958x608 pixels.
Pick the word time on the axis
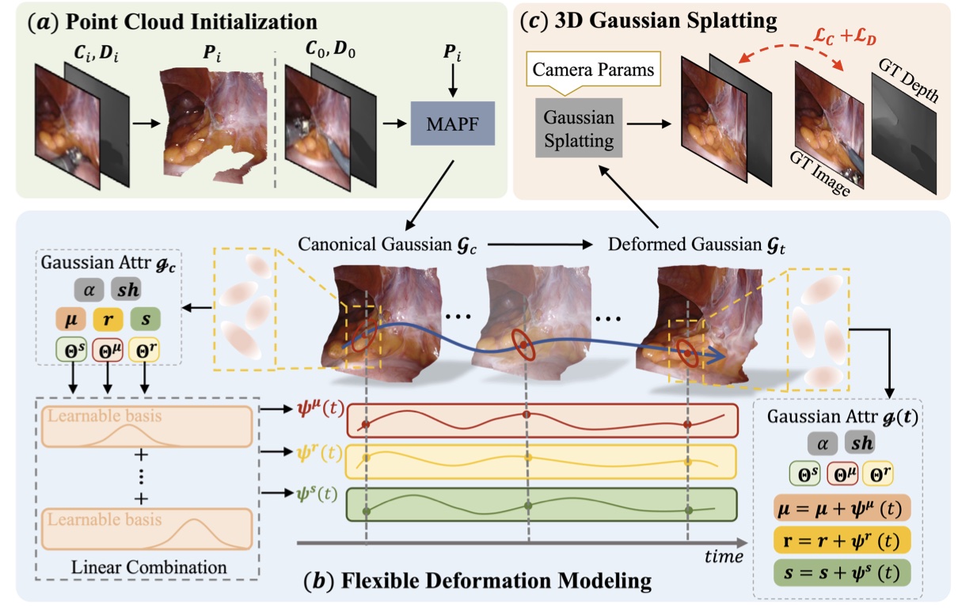[723, 557]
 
